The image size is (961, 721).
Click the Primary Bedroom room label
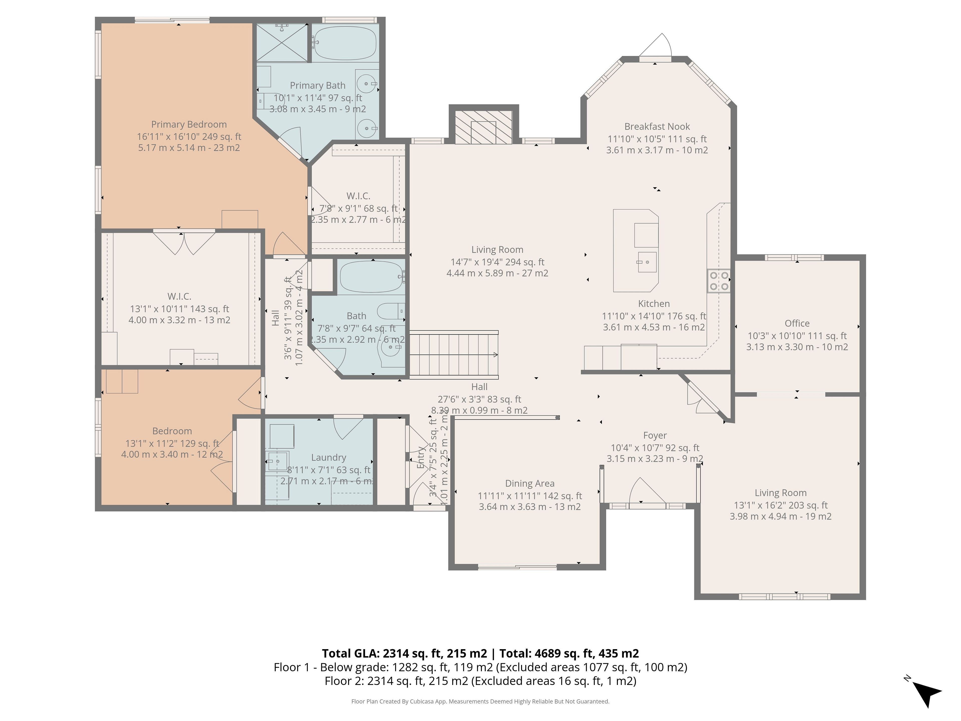point(189,124)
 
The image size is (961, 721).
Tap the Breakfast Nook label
point(657,126)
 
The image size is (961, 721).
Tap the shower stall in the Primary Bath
point(282,43)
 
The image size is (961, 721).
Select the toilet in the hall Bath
point(391,311)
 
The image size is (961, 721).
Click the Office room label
point(797,323)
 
